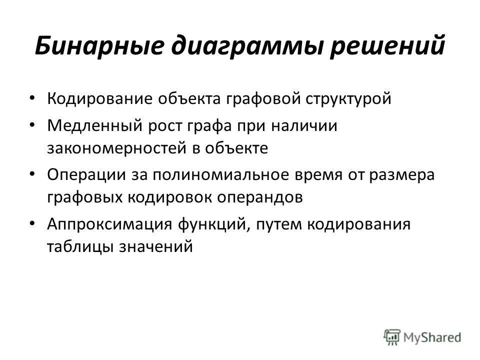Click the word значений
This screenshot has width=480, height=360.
point(155,246)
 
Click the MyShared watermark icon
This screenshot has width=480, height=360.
point(392,337)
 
